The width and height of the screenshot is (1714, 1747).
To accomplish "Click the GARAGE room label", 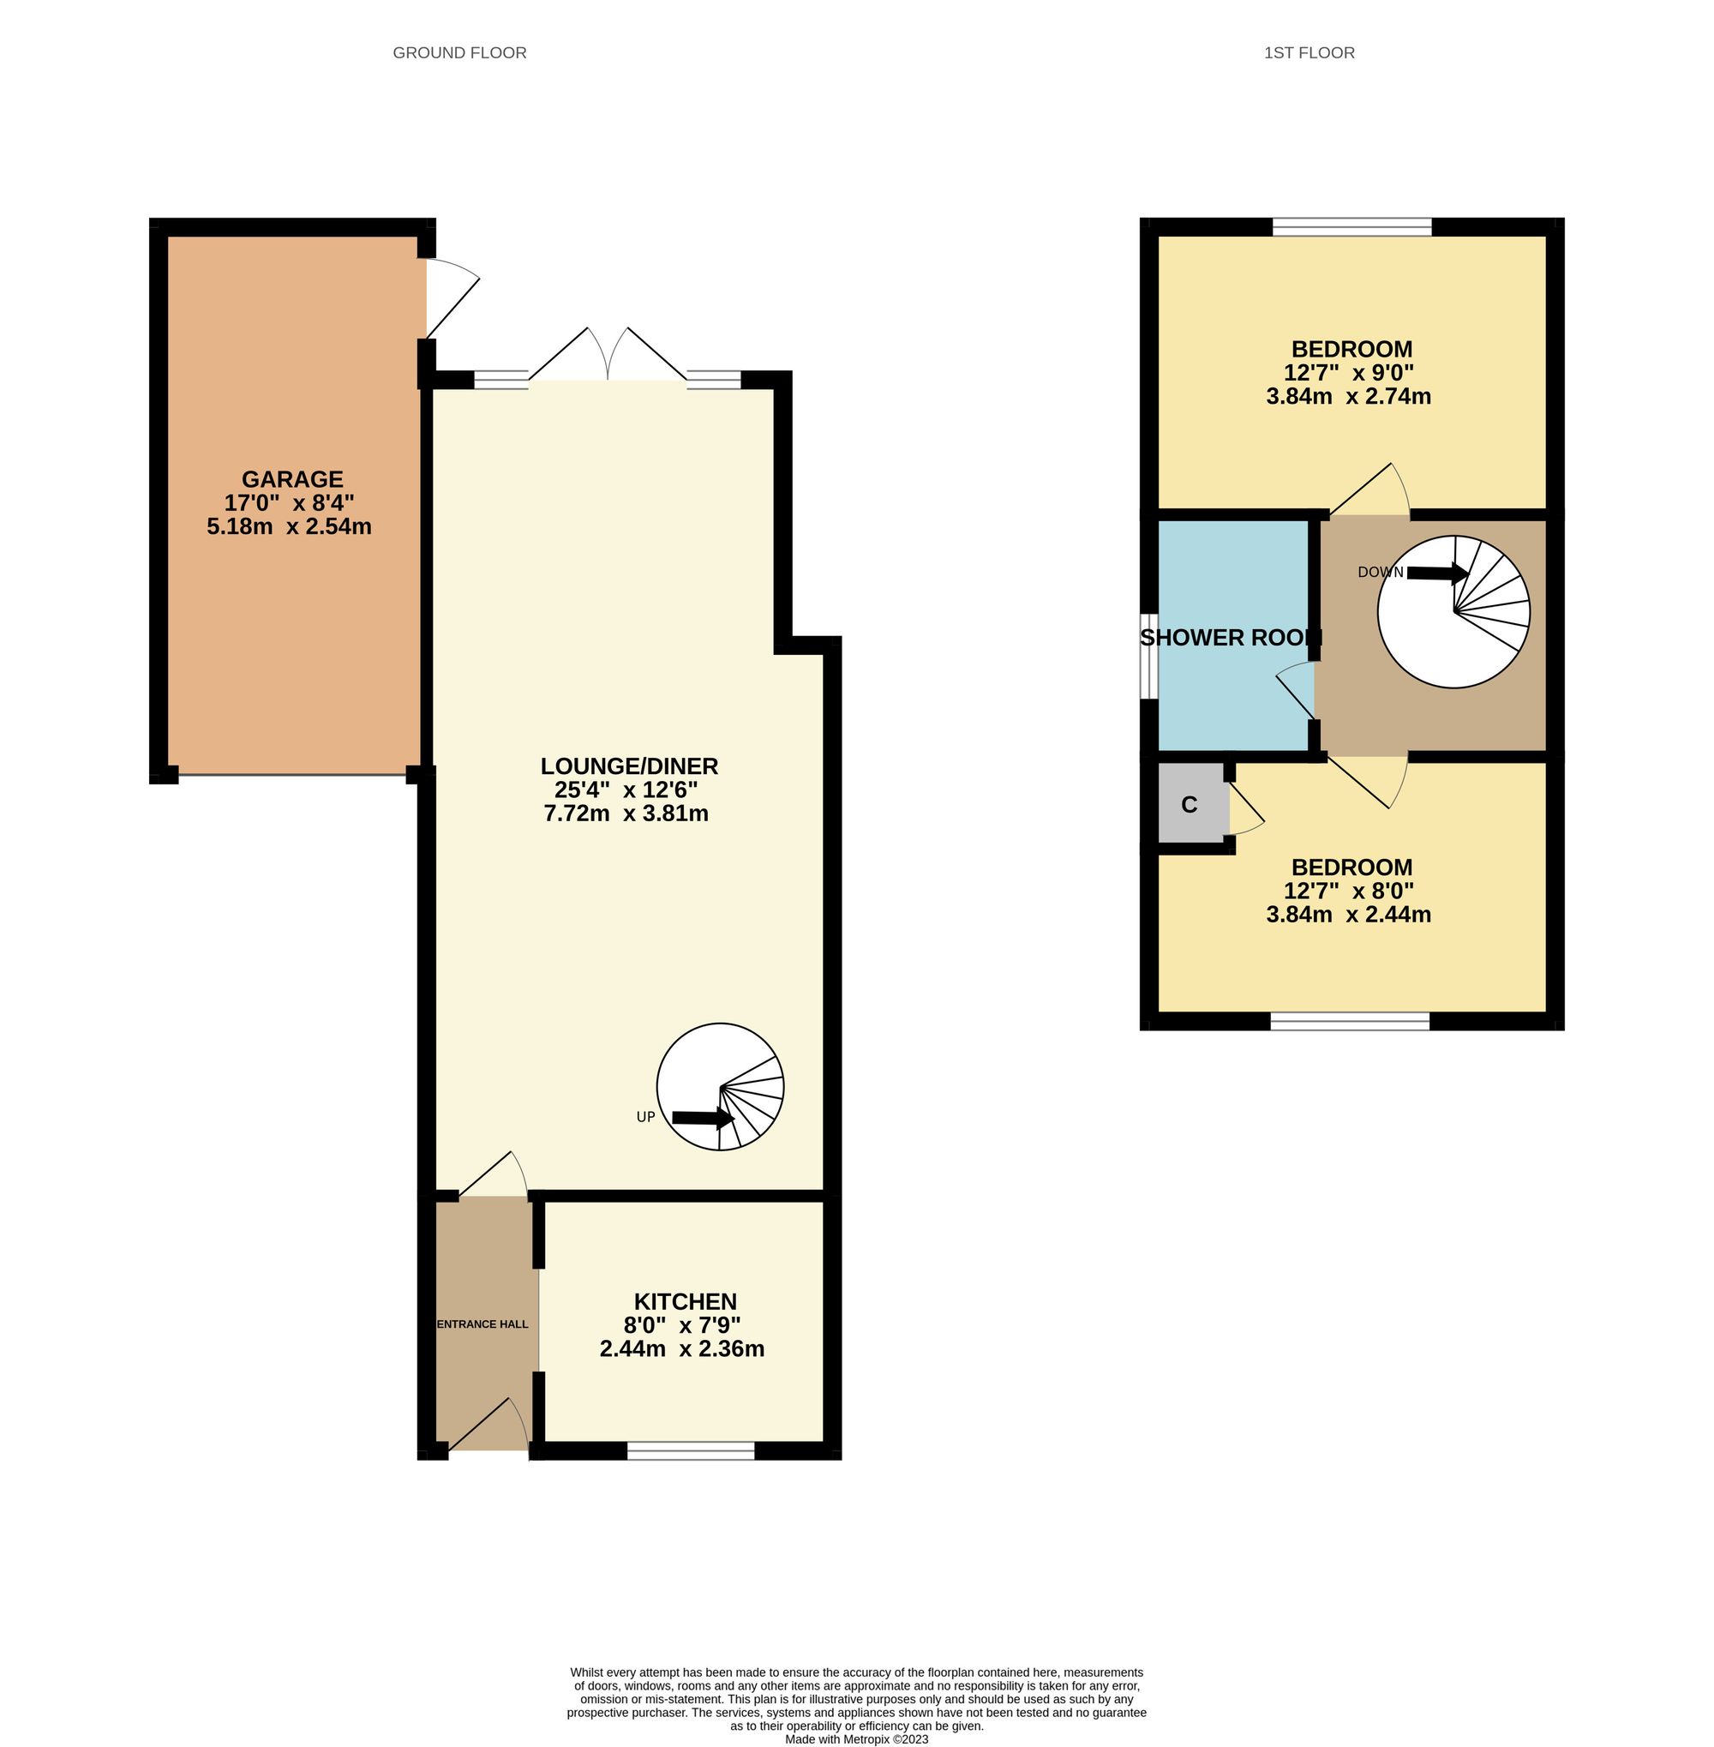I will (x=291, y=479).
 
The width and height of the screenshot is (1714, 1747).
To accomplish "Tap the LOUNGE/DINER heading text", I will (x=628, y=766).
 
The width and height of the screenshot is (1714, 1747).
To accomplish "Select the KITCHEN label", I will (x=685, y=1301).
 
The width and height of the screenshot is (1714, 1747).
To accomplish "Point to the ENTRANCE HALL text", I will (x=482, y=1324).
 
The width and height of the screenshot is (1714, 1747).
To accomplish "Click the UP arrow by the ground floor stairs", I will (x=702, y=1118).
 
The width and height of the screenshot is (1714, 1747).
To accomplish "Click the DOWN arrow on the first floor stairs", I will (x=1436, y=573).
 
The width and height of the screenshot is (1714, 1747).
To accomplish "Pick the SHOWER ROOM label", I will (x=1230, y=638).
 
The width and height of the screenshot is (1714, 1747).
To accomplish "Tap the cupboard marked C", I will (x=1190, y=805).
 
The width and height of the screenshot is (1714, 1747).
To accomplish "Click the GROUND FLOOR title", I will (x=459, y=53).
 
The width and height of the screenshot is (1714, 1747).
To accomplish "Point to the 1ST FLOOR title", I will (x=1309, y=53).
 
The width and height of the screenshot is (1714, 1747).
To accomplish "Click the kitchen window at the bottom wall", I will (x=691, y=1450).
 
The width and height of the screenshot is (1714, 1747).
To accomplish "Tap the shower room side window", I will (x=1148, y=656).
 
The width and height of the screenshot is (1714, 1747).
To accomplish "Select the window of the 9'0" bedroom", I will (x=1351, y=227).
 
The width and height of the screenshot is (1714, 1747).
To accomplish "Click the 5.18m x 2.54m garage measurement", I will (x=289, y=527).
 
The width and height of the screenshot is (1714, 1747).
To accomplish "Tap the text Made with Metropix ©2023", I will (x=856, y=1739).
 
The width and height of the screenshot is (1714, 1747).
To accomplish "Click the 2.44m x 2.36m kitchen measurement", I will (x=681, y=1349).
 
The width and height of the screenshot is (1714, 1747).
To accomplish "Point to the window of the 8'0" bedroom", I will (x=1350, y=1020).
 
